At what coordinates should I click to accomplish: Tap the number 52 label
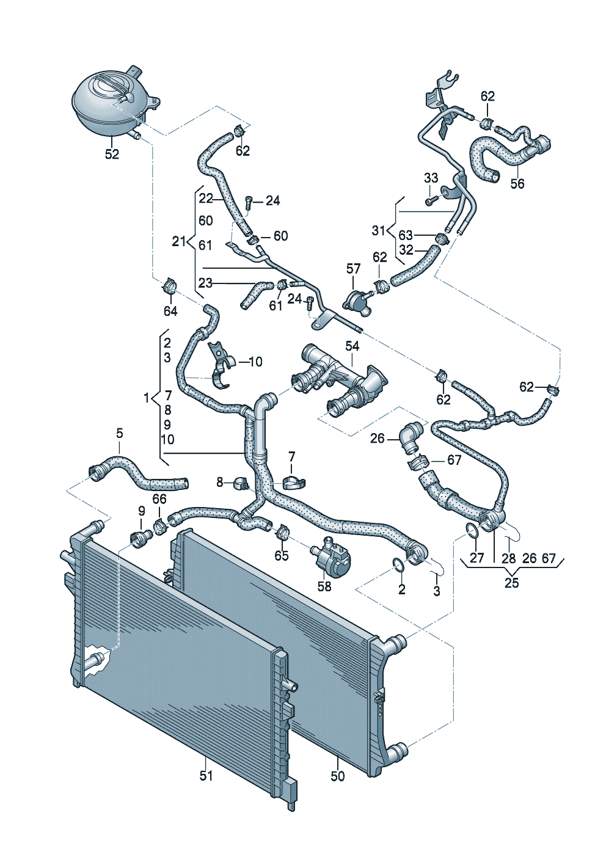112,154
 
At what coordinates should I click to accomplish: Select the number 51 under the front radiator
206,775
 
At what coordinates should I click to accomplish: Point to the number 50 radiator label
337,776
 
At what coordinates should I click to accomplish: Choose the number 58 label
324,586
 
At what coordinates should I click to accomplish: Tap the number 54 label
352,346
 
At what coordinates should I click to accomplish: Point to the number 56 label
517,183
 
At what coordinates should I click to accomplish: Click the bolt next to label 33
432,199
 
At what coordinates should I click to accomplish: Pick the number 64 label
170,312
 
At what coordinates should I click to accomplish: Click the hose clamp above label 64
169,285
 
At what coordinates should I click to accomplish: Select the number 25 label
511,583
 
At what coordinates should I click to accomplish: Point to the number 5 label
120,433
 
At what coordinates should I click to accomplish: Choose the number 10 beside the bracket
255,362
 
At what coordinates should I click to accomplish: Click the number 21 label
178,241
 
